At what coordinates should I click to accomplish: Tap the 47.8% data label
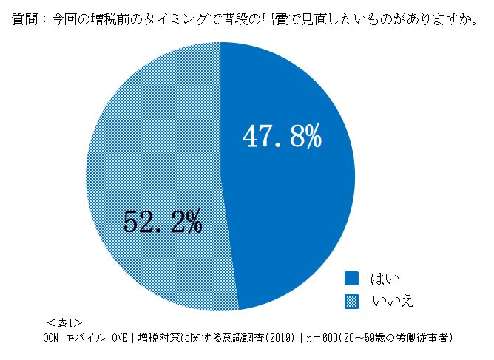pos(282,137)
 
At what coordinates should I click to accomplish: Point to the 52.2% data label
pos(162,221)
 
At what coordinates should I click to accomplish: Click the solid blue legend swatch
pos(352,278)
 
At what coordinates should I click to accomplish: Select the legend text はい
pos(386,279)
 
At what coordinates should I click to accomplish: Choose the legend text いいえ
pos(391,301)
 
